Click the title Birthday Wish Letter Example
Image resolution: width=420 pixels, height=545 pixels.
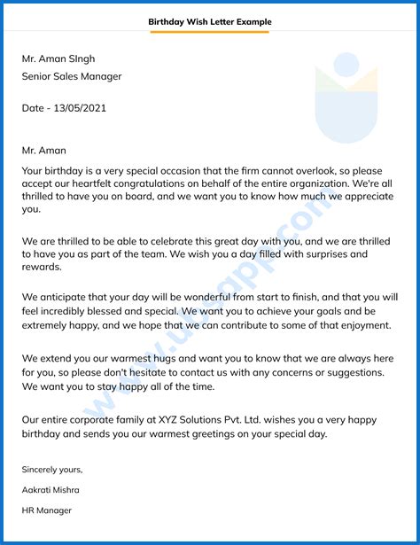click(210, 21)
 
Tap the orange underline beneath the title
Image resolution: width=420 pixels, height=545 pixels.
click(210, 32)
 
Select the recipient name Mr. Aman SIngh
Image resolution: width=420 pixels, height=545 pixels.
click(59, 58)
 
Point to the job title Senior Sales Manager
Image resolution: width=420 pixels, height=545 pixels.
click(72, 76)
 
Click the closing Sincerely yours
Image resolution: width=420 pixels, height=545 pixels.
click(52, 469)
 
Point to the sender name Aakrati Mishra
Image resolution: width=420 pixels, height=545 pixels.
click(51, 489)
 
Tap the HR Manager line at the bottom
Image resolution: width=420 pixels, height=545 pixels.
click(47, 510)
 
